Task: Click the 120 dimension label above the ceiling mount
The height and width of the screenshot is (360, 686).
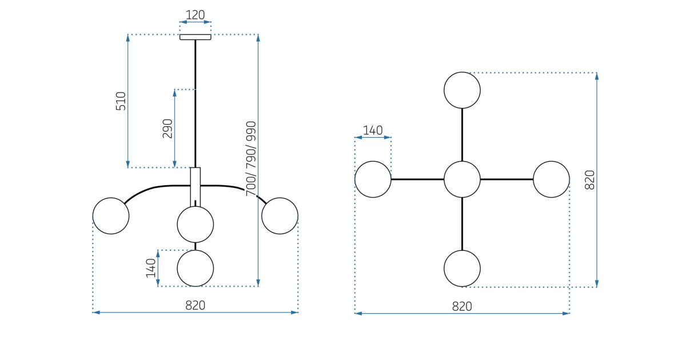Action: tap(196, 15)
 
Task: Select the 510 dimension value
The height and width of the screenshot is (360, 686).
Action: tap(121, 101)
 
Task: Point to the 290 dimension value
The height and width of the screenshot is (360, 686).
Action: tap(167, 129)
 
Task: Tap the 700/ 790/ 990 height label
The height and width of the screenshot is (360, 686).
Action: tap(251, 159)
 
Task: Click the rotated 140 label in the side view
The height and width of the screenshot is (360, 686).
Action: tap(151, 268)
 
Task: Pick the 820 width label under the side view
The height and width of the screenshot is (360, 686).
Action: tap(195, 305)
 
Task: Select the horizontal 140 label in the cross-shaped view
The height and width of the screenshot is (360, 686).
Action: tap(373, 130)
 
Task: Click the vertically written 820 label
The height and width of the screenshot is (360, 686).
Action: tap(590, 180)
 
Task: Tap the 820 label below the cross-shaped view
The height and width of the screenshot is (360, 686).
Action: tap(462, 306)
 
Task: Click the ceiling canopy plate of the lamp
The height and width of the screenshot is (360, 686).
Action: tap(196, 37)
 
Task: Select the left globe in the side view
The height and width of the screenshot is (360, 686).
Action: tap(111, 216)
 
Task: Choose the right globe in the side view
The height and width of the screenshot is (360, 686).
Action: tap(280, 216)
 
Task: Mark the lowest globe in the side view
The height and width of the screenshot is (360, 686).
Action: tap(196, 268)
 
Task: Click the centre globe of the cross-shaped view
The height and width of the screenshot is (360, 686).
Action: tap(462, 179)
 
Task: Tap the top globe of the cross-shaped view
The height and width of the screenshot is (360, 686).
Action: tap(462, 90)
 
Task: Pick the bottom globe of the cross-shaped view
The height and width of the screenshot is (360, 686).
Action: tap(462, 269)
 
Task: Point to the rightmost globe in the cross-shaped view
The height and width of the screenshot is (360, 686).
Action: tap(551, 179)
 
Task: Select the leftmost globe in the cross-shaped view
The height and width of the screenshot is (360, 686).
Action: tap(373, 179)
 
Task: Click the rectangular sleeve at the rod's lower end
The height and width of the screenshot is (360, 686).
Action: tap(196, 186)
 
